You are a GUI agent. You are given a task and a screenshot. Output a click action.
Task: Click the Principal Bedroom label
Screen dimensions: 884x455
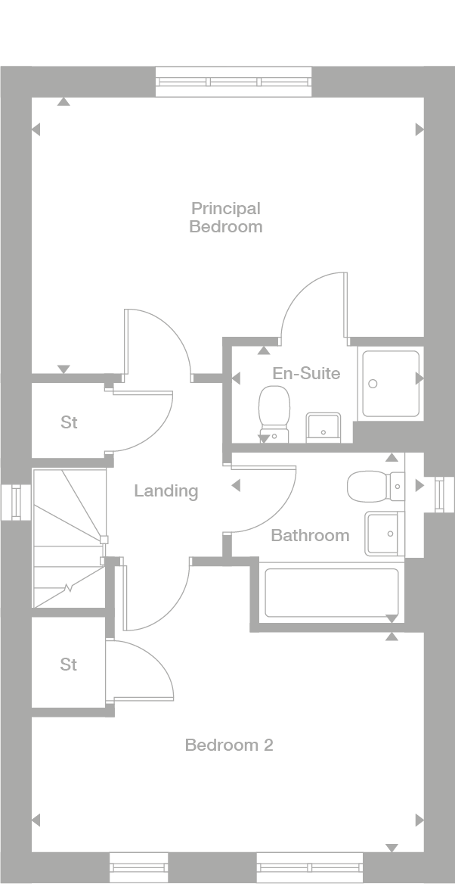pyautogui.click(x=226, y=217)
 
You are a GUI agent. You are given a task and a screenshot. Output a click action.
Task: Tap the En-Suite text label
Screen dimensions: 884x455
pyautogui.click(x=306, y=373)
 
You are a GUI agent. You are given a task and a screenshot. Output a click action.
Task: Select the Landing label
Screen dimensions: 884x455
pyautogui.click(x=166, y=491)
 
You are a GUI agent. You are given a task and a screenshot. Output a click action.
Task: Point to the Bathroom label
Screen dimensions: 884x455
pyautogui.click(x=310, y=536)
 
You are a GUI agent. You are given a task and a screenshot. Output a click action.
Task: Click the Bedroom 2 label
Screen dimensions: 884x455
pyautogui.click(x=229, y=745)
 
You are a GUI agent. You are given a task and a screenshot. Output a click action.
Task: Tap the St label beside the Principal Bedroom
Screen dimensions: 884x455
pyautogui.click(x=69, y=422)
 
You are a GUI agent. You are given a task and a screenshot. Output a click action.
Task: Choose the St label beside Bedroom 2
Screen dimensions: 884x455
pyautogui.click(x=69, y=665)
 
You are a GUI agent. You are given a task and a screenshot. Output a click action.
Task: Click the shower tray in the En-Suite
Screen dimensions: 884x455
pyautogui.click(x=390, y=384)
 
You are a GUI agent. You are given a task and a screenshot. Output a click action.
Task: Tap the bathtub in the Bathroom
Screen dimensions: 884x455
pyautogui.click(x=331, y=593)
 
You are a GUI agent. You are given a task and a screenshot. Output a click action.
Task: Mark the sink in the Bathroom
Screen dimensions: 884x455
pyautogui.click(x=384, y=534)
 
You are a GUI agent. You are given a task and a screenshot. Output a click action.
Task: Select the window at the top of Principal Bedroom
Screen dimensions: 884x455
pyautogui.click(x=233, y=82)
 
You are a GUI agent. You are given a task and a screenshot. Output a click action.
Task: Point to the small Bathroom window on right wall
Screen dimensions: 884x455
pyautogui.click(x=439, y=494)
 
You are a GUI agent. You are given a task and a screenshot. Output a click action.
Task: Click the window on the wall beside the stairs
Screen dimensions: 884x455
pyautogui.click(x=15, y=502)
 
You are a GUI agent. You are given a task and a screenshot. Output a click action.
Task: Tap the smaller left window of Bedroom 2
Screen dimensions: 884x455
pyautogui.click(x=138, y=867)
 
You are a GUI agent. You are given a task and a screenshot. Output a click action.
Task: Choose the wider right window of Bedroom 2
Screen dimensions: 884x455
pyautogui.click(x=310, y=867)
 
